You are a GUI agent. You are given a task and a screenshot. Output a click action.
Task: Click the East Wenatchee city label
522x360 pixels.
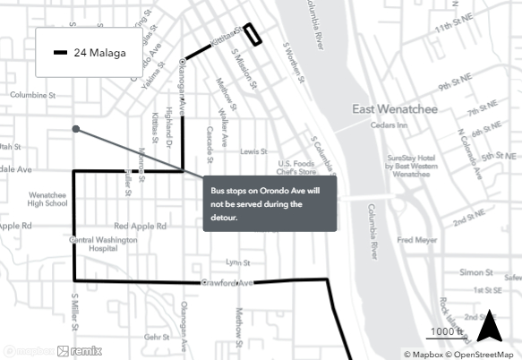click(x=393, y=110)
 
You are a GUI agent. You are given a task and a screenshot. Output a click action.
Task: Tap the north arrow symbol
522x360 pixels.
click(x=489, y=326)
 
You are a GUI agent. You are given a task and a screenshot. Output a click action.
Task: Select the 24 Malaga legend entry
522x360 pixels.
click(x=90, y=53)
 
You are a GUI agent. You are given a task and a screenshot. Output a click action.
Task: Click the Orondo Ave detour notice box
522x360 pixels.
click(x=270, y=204)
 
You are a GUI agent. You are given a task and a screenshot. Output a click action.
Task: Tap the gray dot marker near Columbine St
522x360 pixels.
click(x=76, y=129)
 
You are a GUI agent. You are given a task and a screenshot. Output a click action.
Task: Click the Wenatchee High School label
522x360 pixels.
click(x=48, y=199)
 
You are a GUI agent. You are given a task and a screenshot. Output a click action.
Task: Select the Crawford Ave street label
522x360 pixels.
click(x=228, y=284)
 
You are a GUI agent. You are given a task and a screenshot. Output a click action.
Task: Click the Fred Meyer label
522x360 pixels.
click(x=417, y=240)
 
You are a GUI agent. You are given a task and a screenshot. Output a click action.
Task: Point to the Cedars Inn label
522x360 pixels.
click(x=389, y=126)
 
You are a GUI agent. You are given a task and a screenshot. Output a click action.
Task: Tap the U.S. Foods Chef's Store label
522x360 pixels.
click(x=299, y=167)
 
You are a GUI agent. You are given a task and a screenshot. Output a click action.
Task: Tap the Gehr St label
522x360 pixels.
click(x=157, y=337)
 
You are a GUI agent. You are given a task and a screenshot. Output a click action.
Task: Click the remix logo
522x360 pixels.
click(x=81, y=351)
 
